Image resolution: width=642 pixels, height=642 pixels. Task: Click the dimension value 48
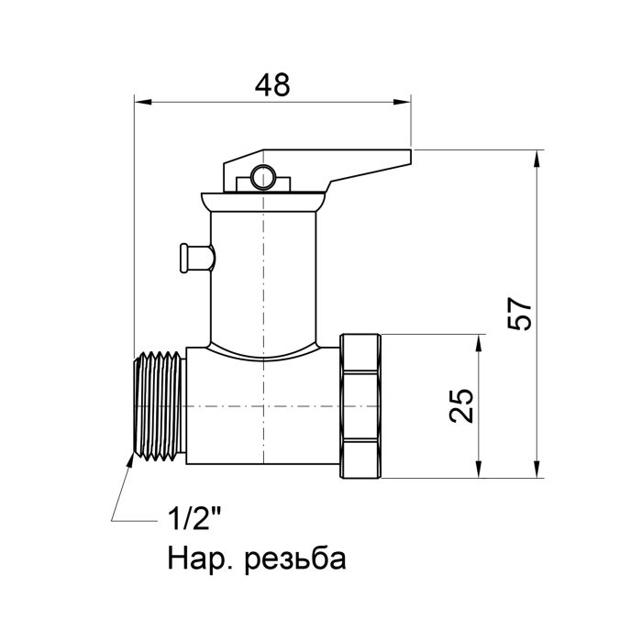[272, 84]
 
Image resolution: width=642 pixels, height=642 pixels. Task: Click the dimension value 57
[520, 315]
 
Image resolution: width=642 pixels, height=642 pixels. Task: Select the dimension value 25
[464, 405]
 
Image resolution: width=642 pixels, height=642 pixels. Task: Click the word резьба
[295, 559]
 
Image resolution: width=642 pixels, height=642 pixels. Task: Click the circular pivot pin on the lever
[265, 176]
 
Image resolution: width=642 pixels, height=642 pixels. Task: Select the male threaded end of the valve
[158, 405]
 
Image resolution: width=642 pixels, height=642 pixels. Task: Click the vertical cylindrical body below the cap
[264, 275]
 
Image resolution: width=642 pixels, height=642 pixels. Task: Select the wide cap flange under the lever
[264, 199]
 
